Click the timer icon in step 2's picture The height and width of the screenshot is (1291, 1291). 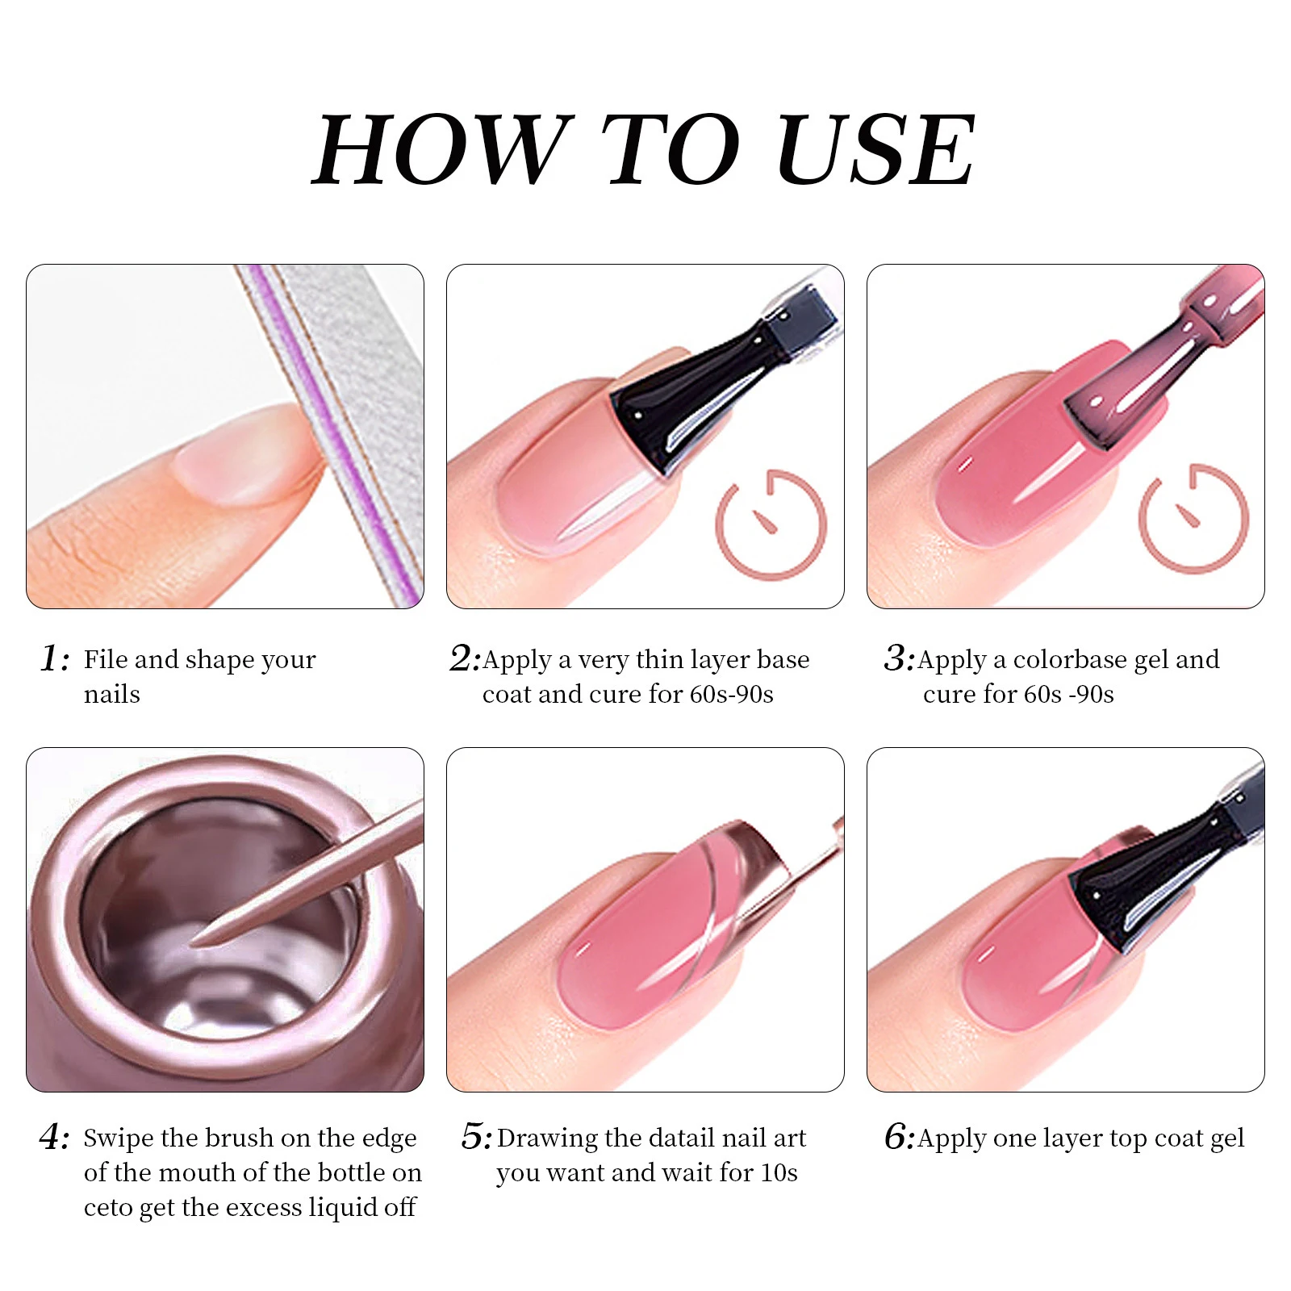[x=771, y=524]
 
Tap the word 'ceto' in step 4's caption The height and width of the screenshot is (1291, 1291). [x=108, y=1208]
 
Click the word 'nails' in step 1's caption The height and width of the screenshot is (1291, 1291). [x=111, y=694]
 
